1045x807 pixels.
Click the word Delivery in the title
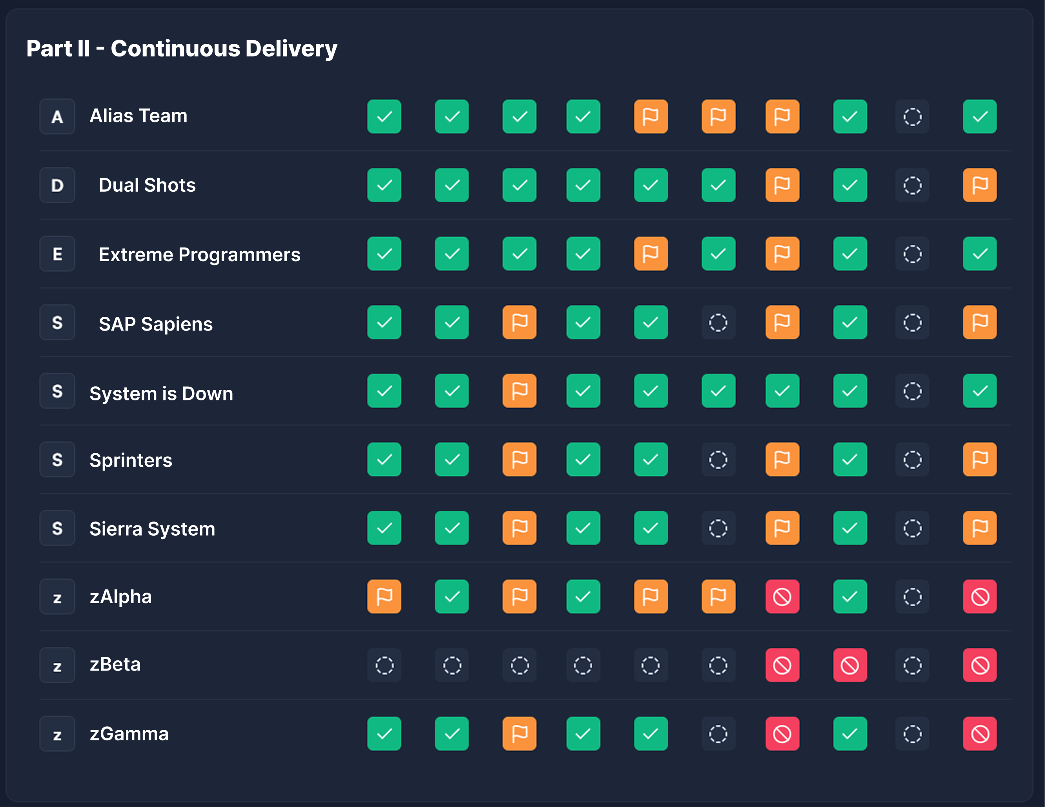point(291,49)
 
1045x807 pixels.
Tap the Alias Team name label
point(138,116)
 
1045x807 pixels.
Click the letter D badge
point(57,185)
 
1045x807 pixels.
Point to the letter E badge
point(57,254)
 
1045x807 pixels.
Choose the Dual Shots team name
point(147,185)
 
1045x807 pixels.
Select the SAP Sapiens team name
point(155,324)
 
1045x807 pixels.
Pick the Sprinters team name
point(131,460)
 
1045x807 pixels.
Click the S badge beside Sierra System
point(57,528)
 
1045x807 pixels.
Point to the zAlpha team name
point(120,596)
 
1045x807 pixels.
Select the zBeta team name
point(115,664)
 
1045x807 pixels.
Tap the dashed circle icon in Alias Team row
point(912,117)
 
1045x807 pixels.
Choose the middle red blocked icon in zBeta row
point(850,665)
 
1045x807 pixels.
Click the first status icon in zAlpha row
point(384,596)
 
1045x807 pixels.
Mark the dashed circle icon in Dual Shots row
point(912,185)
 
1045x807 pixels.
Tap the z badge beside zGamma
point(57,734)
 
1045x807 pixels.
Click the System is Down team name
point(161,393)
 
